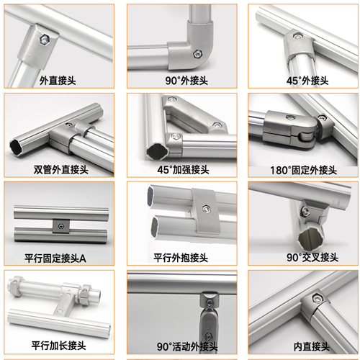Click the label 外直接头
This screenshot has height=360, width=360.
coord(58,81)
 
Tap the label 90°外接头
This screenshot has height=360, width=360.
coord(186,81)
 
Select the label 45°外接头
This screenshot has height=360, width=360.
coord(307,81)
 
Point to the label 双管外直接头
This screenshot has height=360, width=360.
coord(61,170)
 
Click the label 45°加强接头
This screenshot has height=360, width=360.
coord(184,170)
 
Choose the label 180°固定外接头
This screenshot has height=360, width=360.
coord(304,170)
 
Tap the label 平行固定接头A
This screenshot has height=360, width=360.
coord(55,258)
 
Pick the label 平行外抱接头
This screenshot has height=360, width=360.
coord(181,258)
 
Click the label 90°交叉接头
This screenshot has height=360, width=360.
coord(312,258)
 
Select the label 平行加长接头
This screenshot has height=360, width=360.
coord(58,346)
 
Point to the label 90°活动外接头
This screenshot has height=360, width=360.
coord(187,346)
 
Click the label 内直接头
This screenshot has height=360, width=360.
coord(312,346)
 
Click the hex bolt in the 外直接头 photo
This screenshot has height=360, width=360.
coord(45,39)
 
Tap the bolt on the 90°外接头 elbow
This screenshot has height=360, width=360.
coord(197,54)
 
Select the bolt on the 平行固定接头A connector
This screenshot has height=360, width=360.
coord(61,226)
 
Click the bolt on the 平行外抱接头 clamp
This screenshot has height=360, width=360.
coord(206,209)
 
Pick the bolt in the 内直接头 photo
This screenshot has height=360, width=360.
coord(318,298)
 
